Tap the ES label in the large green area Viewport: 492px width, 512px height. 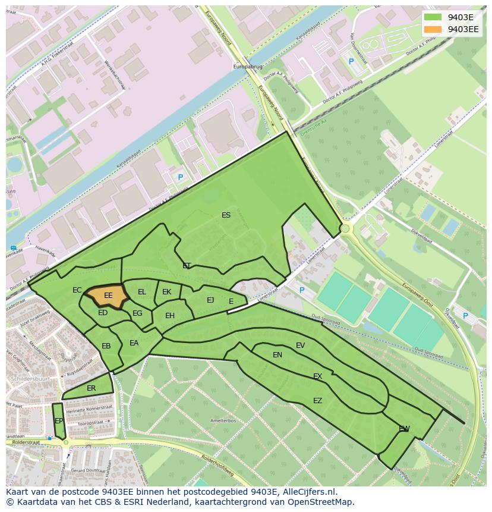click(226, 215)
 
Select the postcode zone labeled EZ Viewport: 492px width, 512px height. click(317, 401)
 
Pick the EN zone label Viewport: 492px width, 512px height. click(277, 355)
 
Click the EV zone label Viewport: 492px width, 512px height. click(300, 345)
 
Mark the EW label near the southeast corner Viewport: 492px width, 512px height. click(404, 429)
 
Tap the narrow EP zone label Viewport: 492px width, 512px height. click(59, 421)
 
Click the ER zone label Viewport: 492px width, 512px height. click(91, 388)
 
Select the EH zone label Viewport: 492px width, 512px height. click(170, 316)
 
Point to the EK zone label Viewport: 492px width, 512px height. click(166, 292)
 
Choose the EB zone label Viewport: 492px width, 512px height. click(106, 346)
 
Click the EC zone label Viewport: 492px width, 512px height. click(77, 290)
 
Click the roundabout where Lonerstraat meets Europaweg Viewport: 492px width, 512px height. click(345, 228)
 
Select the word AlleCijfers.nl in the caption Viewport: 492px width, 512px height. click(308, 492)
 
